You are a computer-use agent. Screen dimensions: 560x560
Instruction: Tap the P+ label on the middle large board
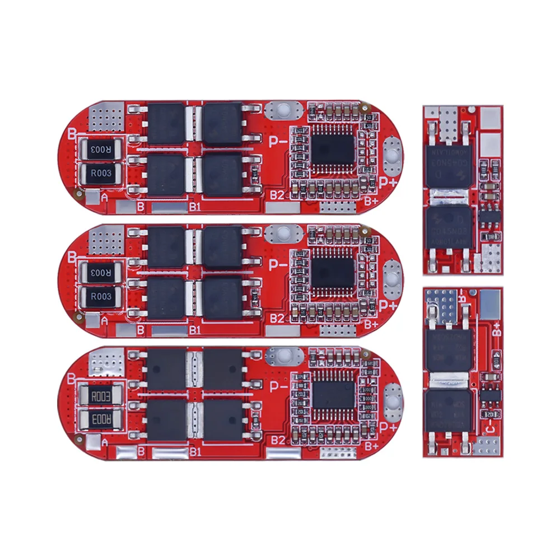coord(388,305)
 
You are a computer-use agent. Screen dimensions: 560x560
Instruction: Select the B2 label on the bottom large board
coord(277,441)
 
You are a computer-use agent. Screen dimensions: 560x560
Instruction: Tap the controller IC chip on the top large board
coord(334,150)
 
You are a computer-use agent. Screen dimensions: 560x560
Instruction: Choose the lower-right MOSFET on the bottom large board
coord(222,419)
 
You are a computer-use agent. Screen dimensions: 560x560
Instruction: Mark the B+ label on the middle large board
coord(371,324)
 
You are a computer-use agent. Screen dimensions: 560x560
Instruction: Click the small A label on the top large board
coord(104,197)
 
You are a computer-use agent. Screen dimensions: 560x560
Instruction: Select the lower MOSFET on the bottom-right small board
coord(449,410)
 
